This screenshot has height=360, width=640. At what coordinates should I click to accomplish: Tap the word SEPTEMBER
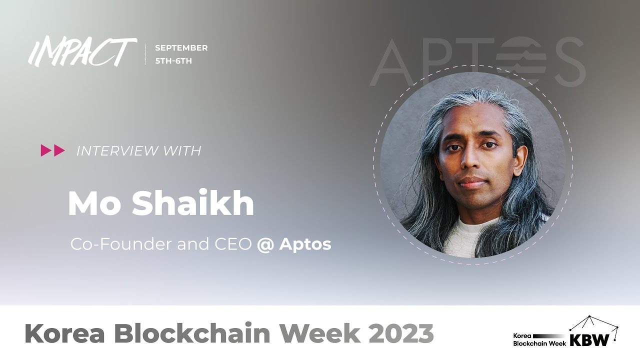coord(181,48)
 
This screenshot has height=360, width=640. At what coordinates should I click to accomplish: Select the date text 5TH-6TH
coord(173,61)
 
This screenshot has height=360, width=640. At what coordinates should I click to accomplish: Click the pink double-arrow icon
coord(53,150)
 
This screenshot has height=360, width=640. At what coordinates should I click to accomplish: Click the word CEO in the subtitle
coord(234,244)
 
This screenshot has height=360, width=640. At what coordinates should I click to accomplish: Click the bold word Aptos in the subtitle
coord(305,244)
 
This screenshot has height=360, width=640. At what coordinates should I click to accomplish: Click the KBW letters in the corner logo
coord(590,340)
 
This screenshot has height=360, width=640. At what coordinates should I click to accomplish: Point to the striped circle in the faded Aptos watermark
coord(520,57)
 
